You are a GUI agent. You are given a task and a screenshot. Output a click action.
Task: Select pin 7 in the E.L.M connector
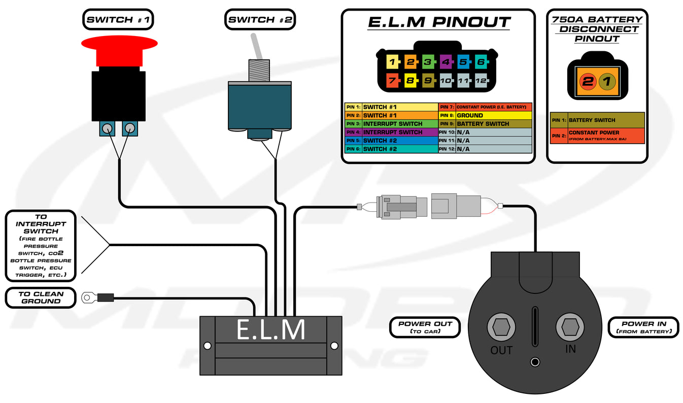(392, 80)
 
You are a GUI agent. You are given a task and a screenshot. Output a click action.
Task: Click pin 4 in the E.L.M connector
(446, 63)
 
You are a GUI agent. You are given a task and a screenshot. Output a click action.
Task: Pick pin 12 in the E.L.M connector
(481, 80)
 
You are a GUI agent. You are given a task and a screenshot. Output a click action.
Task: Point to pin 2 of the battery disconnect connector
(587, 81)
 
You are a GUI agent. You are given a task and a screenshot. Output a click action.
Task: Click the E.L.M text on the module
(271, 329)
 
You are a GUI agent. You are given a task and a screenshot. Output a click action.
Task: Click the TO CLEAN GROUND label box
(41, 297)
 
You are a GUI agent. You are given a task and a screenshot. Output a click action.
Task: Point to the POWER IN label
(643, 327)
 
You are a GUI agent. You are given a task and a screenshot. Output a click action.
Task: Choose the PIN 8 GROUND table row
(485, 115)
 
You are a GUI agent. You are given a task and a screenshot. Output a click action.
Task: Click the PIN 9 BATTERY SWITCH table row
(485, 124)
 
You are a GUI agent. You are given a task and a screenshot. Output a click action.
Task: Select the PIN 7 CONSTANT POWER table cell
(485, 107)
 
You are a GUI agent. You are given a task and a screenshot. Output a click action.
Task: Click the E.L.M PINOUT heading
(438, 23)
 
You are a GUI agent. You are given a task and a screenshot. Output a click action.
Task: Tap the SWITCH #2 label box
(259, 20)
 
